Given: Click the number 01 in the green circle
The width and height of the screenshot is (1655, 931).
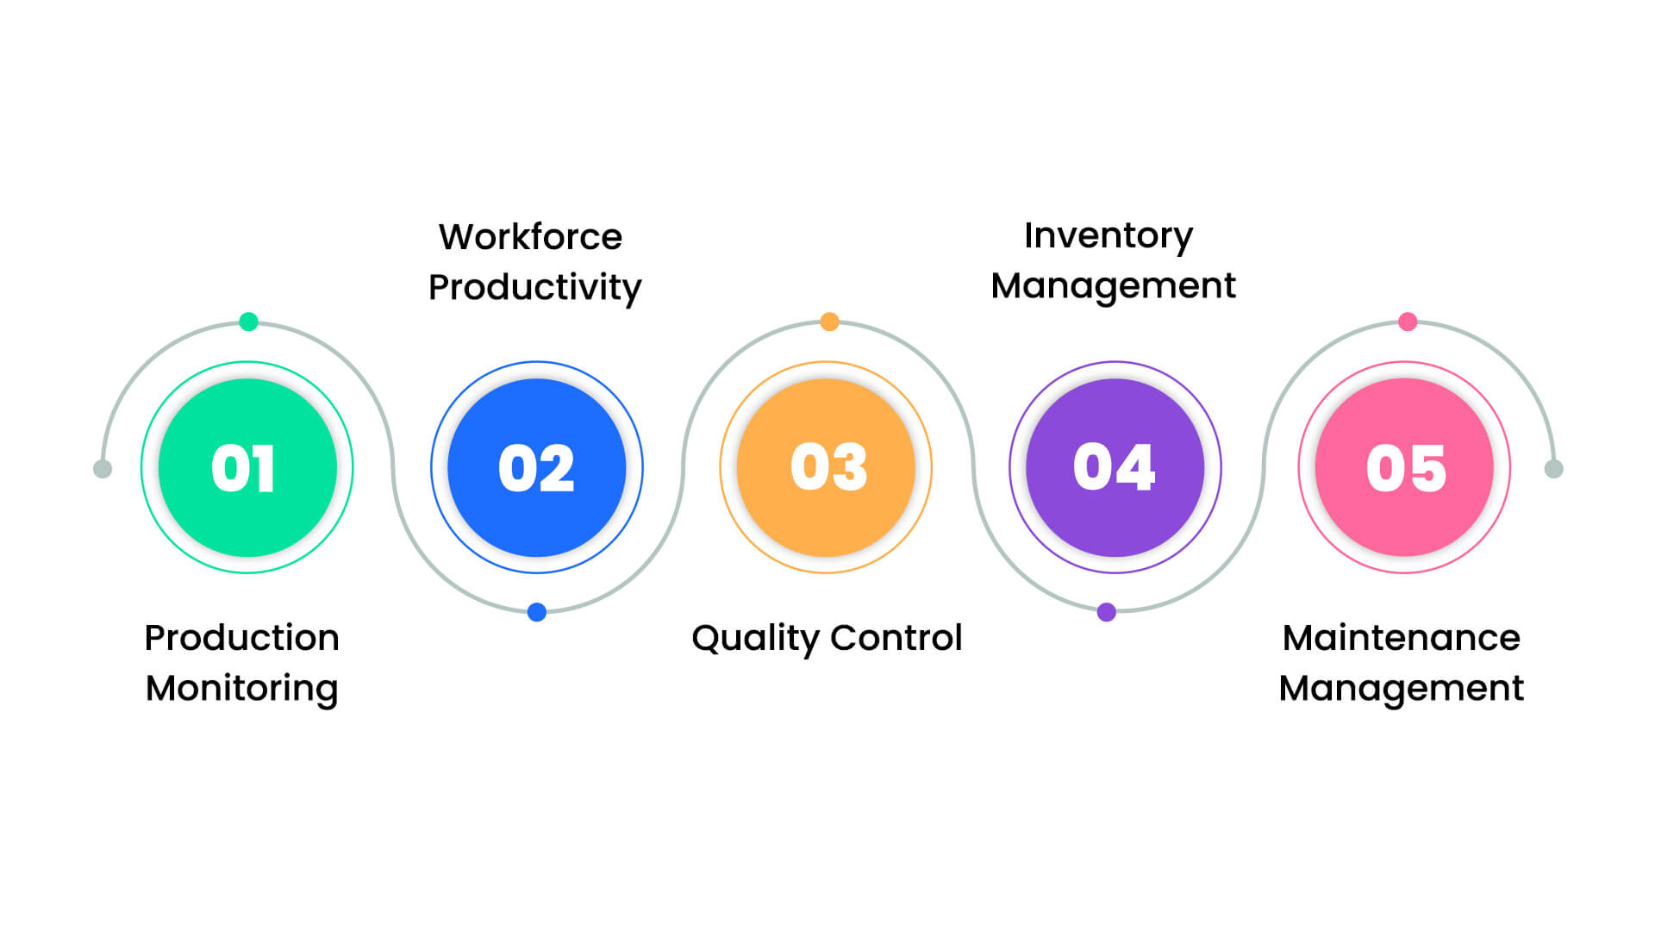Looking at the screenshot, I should (243, 469).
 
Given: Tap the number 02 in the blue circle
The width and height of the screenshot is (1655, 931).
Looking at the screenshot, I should (536, 469).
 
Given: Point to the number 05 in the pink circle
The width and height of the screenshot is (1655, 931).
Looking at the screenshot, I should (1406, 469).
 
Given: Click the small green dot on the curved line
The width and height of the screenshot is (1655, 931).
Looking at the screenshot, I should (248, 322).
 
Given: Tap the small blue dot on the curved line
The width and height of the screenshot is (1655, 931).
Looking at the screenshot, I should (536, 612).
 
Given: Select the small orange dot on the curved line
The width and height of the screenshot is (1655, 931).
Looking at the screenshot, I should (829, 322).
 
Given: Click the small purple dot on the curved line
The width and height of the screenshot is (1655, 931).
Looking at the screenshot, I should (1107, 612).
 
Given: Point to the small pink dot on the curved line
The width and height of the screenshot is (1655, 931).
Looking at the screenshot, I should (1408, 322).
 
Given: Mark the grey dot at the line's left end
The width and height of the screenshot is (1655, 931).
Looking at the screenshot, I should (103, 469).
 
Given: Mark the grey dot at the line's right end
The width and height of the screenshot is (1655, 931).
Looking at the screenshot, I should (1553, 469).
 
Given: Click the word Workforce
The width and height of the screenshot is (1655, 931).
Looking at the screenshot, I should (530, 237).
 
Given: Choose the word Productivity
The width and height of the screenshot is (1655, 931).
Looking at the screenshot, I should (534, 288).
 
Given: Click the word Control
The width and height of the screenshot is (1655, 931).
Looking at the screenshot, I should (896, 638).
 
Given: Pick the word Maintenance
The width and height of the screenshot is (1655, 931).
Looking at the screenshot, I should (1401, 638).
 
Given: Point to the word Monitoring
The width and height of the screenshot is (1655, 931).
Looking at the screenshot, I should (241, 690).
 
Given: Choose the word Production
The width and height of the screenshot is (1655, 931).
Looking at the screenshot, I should (241, 638).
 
